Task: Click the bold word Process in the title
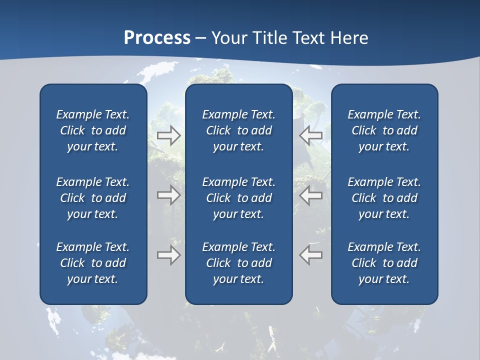pyautogui.click(x=157, y=37)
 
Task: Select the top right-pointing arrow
pyautogui.click(x=168, y=135)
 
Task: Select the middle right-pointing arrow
pyautogui.click(x=168, y=195)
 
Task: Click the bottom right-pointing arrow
pyautogui.click(x=168, y=255)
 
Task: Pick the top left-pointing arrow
pyautogui.click(x=311, y=135)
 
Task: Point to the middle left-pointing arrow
pyautogui.click(x=311, y=195)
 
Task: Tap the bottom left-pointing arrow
pyautogui.click(x=311, y=255)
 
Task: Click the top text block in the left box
pyautogui.click(x=93, y=130)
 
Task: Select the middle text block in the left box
pyautogui.click(x=93, y=198)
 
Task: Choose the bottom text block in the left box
pyautogui.click(x=93, y=263)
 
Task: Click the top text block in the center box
pyautogui.click(x=239, y=130)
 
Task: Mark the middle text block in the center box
pyautogui.click(x=239, y=198)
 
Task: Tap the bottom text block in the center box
pyautogui.click(x=239, y=263)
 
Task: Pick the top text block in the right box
pyautogui.click(x=384, y=130)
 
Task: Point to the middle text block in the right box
pyautogui.click(x=384, y=198)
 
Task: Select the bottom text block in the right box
pyautogui.click(x=384, y=263)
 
